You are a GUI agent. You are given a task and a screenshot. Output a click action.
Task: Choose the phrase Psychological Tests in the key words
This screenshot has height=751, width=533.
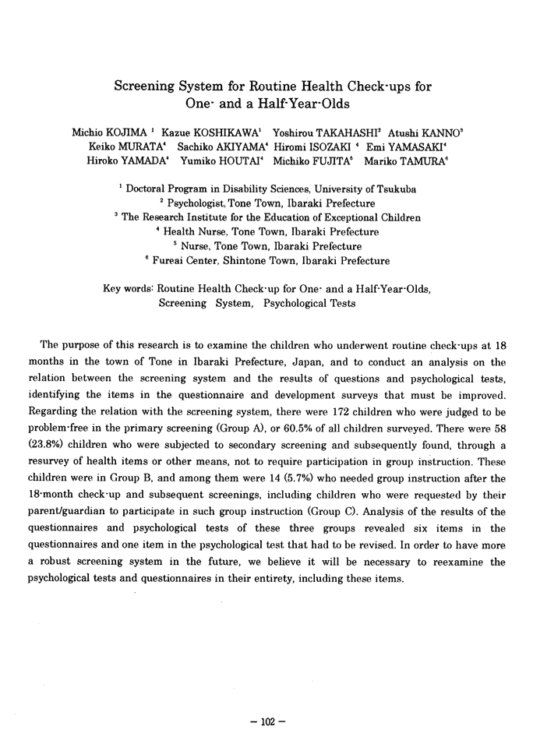coord(309,302)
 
